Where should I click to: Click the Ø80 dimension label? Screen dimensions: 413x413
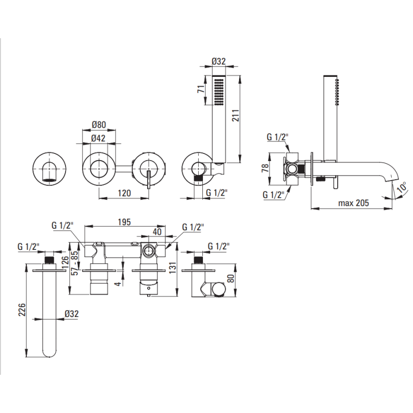click(x=99, y=124)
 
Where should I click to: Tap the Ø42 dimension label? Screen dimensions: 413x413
click(x=99, y=138)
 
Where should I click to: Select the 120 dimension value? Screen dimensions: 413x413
click(x=124, y=193)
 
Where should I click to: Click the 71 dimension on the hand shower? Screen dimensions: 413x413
click(x=201, y=89)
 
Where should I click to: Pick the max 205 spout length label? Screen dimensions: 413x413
click(x=354, y=203)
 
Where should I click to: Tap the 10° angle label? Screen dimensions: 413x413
click(x=402, y=187)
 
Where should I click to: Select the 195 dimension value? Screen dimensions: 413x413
click(x=124, y=222)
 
